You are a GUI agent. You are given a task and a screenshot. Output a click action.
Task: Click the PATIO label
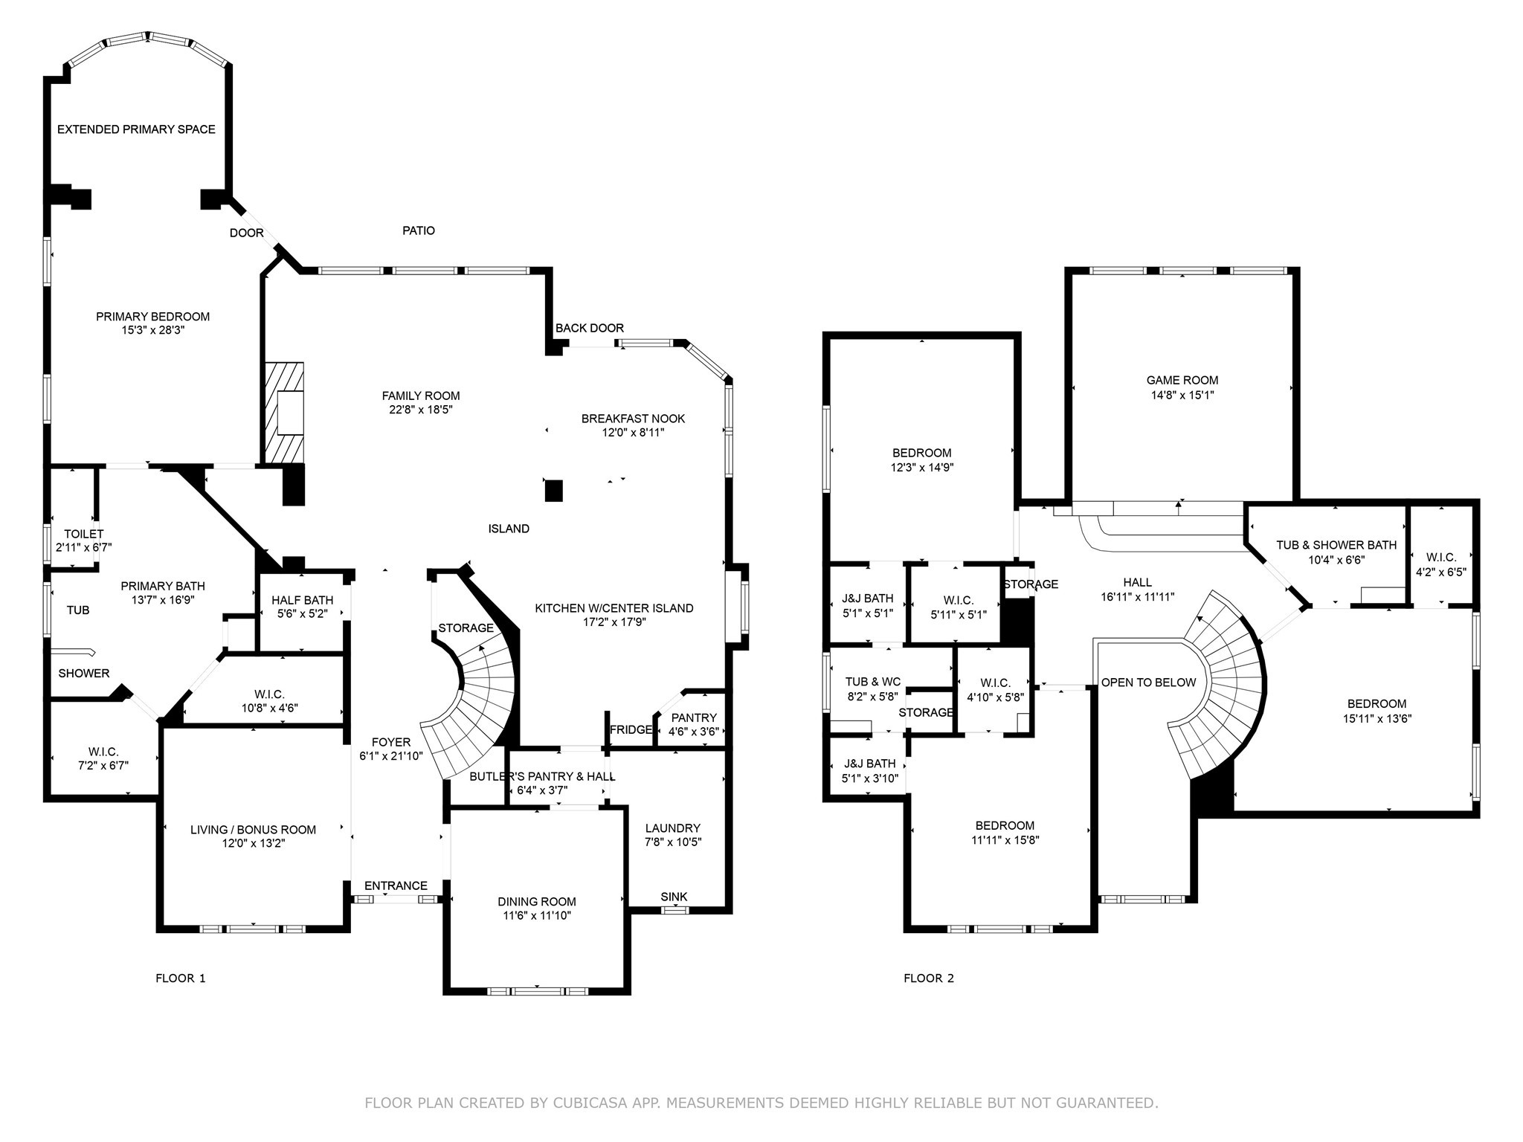[419, 230]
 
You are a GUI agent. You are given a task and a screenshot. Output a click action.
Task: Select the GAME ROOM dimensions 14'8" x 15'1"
[1182, 396]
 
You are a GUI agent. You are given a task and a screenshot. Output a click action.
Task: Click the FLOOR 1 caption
[180, 978]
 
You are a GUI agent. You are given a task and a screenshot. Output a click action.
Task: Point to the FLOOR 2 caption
[928, 978]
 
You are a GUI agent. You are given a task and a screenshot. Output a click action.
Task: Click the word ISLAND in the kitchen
[509, 529]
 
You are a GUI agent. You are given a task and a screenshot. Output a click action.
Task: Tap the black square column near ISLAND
[553, 491]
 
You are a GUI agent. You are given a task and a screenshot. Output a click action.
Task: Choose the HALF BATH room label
[302, 600]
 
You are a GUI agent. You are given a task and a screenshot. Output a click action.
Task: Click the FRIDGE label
[631, 729]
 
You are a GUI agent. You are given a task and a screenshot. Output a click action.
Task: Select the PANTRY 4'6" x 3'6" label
[693, 724]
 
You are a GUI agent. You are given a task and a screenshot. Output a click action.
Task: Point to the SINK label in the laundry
[674, 897]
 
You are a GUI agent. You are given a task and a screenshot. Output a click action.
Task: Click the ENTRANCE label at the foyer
[396, 885]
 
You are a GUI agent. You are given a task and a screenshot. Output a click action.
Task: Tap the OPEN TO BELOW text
[1148, 682]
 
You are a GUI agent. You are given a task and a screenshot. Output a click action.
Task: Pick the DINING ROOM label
[537, 902]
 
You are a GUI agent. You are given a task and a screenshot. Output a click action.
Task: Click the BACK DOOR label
[589, 328]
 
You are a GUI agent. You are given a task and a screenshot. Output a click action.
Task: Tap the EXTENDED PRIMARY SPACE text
[136, 129]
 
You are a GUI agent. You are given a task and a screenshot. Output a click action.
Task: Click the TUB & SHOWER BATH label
[1336, 545]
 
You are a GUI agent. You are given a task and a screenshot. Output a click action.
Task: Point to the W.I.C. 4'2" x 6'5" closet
[1441, 564]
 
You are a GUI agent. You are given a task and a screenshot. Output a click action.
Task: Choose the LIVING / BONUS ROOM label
[253, 830]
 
